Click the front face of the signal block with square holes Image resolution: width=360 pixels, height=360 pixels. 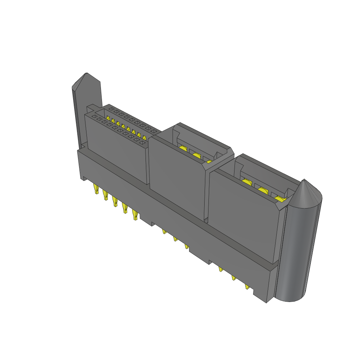tap(116, 148)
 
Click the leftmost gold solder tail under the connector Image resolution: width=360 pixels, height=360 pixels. tap(95, 189)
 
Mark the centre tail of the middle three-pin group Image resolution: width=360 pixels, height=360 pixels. tap(175, 239)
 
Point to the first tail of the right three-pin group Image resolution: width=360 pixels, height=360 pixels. tap(221, 270)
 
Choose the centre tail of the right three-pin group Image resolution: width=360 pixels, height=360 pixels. tap(233, 278)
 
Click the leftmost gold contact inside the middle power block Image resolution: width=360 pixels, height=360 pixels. tap(183, 149)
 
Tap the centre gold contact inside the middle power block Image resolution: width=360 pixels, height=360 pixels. tap(196, 156)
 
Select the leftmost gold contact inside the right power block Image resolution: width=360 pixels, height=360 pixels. tap(246, 182)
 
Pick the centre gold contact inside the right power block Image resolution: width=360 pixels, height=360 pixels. tap(263, 191)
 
